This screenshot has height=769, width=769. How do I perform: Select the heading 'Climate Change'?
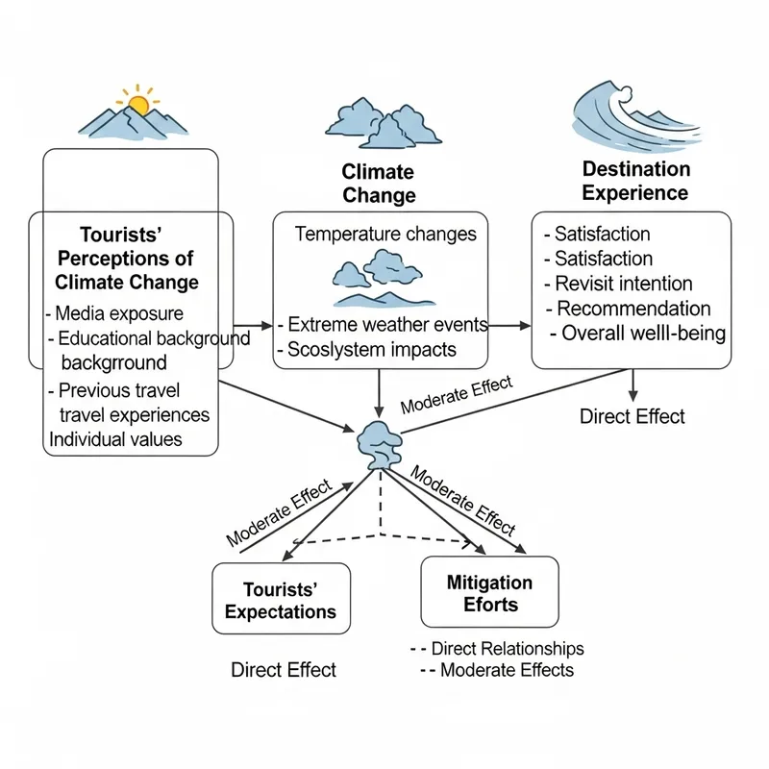[x=378, y=184]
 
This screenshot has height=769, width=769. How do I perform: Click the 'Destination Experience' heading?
[x=635, y=181]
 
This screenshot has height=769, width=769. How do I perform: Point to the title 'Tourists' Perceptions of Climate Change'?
[x=125, y=259]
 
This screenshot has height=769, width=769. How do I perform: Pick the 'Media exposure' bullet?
[x=117, y=313]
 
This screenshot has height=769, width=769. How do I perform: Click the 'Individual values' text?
[x=115, y=439]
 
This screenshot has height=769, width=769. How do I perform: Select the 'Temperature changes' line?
[x=384, y=234]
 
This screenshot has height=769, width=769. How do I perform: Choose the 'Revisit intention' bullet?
[x=623, y=284]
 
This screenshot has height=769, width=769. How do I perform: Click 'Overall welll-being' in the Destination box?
[x=637, y=335]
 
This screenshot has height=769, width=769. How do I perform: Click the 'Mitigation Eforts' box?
[x=489, y=593]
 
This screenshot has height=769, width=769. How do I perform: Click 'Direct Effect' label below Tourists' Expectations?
[x=284, y=670]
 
